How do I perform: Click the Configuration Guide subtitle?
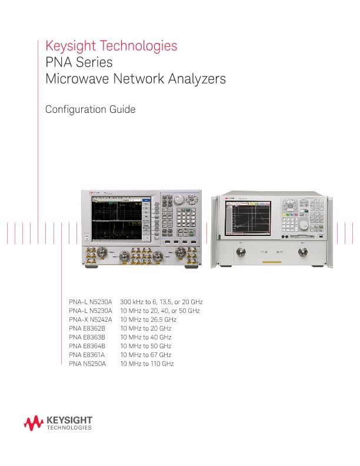point(91,109)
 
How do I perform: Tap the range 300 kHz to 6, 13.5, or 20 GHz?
point(161,301)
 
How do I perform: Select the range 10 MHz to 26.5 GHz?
point(148,319)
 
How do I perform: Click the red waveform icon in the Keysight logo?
point(33,422)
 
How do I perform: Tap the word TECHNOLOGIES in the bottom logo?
point(69,428)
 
